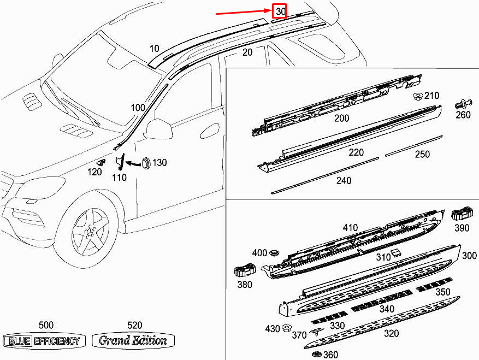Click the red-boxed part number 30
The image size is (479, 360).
click(x=280, y=11)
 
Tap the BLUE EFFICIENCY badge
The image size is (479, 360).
click(x=44, y=341)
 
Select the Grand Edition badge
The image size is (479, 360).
click(x=133, y=341)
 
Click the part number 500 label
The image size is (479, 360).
click(x=46, y=325)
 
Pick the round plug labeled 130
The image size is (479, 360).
click(x=146, y=162)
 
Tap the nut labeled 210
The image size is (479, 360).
click(x=417, y=97)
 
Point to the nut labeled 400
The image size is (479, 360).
click(x=274, y=253)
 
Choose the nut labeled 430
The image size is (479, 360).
click(x=285, y=328)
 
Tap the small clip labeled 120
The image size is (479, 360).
click(x=100, y=162)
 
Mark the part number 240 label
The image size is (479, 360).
click(x=344, y=181)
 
